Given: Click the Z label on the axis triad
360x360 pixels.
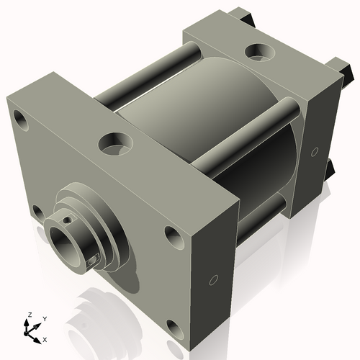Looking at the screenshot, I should point(30,315).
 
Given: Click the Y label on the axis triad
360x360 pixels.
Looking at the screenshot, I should point(44,318).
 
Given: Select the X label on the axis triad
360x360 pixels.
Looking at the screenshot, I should point(45,338).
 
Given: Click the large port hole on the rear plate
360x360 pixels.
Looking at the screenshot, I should point(257,53).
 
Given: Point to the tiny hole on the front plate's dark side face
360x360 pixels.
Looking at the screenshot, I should point(213,279).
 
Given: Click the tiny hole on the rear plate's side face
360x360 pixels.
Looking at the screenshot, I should point(315,151).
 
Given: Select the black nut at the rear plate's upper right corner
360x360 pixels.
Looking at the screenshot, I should point(348,70).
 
